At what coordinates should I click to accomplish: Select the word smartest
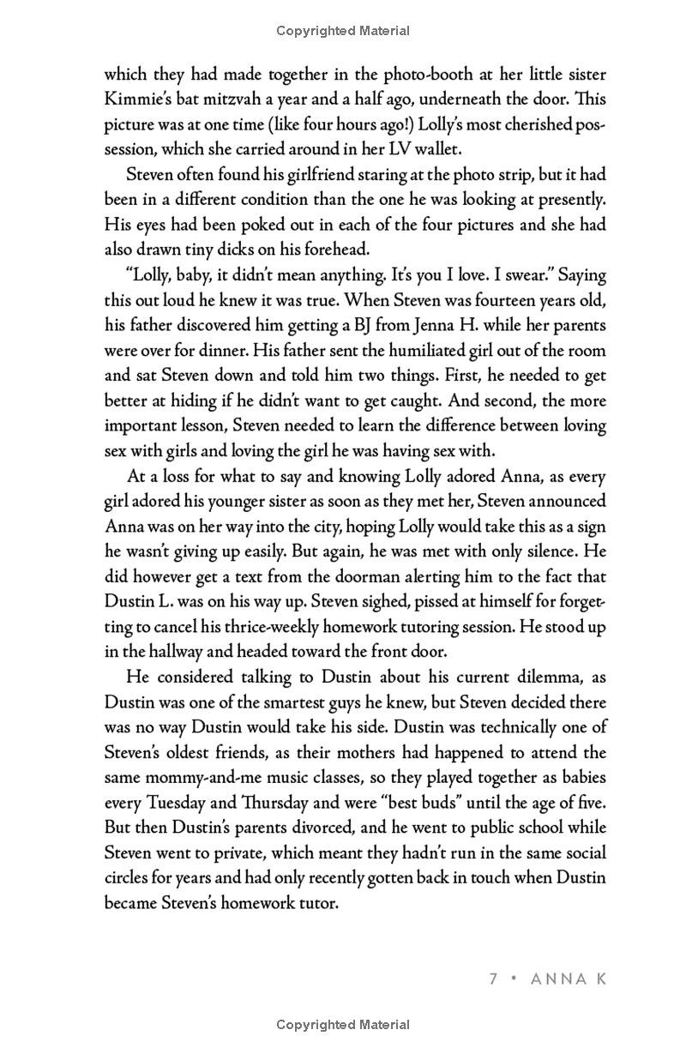point(309,702)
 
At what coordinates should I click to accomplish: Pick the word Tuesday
point(182,803)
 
